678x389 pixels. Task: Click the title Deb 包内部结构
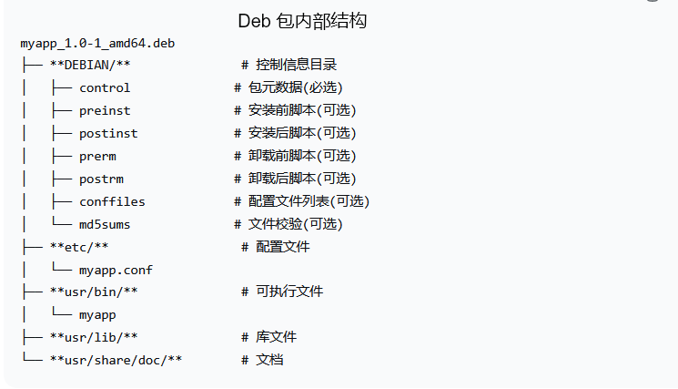pyautogui.click(x=302, y=20)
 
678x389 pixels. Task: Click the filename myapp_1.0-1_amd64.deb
pyautogui.click(x=98, y=43)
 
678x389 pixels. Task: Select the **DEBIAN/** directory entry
pyautogui.click(x=90, y=66)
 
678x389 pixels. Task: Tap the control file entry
pyautogui.click(x=105, y=88)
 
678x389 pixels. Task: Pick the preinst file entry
pyautogui.click(x=105, y=111)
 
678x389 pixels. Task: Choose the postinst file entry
pyautogui.click(x=108, y=134)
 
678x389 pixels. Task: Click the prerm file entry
pyautogui.click(x=97, y=156)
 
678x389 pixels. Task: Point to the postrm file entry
pyautogui.click(x=101, y=179)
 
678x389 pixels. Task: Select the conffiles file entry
pyautogui.click(x=112, y=201)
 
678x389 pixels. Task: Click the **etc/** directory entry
pyautogui.click(x=79, y=247)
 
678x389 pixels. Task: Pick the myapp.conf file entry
pyautogui.click(x=116, y=270)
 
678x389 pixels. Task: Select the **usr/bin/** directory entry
pyautogui.click(x=94, y=292)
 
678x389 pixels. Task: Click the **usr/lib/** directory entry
pyautogui.click(x=94, y=337)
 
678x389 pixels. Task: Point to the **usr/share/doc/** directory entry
pyautogui.click(x=116, y=360)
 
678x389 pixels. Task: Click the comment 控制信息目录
pyautogui.click(x=296, y=66)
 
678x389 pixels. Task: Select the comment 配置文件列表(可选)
pyautogui.click(x=309, y=201)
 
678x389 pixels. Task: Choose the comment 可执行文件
pyautogui.click(x=289, y=292)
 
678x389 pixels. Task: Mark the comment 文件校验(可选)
pyautogui.click(x=295, y=224)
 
